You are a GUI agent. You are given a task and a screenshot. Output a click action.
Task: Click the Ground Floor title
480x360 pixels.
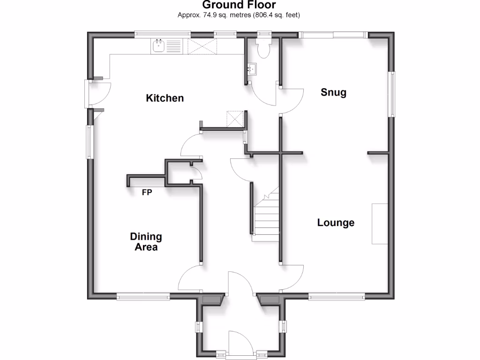click(239, 5)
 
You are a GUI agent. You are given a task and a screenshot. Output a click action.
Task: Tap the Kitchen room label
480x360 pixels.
click(165, 98)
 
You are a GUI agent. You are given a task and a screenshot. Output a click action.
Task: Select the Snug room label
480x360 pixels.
click(333, 92)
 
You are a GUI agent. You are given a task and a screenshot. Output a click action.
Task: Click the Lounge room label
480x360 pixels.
click(336, 223)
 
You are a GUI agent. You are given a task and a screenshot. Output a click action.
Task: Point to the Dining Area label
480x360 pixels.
click(146, 242)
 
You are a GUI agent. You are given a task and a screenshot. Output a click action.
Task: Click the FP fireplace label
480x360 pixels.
click(147, 192)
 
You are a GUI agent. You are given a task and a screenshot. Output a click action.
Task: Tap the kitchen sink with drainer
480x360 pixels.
click(166, 46)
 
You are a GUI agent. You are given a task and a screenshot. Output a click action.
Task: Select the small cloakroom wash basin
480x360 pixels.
click(252, 70)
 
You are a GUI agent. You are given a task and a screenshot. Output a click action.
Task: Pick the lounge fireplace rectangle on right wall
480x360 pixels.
click(380, 224)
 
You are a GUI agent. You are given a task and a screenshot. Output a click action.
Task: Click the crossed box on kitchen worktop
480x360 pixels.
click(202, 46)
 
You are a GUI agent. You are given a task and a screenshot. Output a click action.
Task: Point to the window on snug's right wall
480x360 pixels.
click(391, 94)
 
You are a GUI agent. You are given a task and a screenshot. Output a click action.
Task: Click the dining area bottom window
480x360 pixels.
click(143, 296)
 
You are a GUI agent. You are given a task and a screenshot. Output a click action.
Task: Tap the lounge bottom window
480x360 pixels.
click(336, 296)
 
